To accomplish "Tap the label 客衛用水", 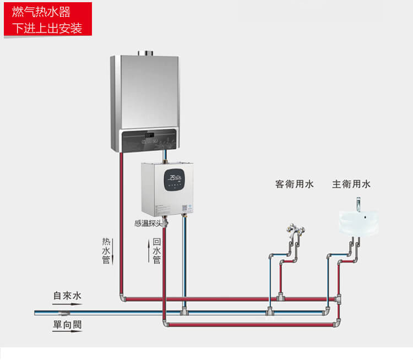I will pos(294,184).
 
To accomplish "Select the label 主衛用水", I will pos(351,184).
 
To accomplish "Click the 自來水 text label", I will pos(67,296).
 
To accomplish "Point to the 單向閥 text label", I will pos(67,325).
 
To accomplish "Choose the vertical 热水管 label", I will pos(106,250).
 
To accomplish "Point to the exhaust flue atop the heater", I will pos(147,53).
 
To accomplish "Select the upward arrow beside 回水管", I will pos(149,250).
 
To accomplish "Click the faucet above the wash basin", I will pos(359,204).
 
